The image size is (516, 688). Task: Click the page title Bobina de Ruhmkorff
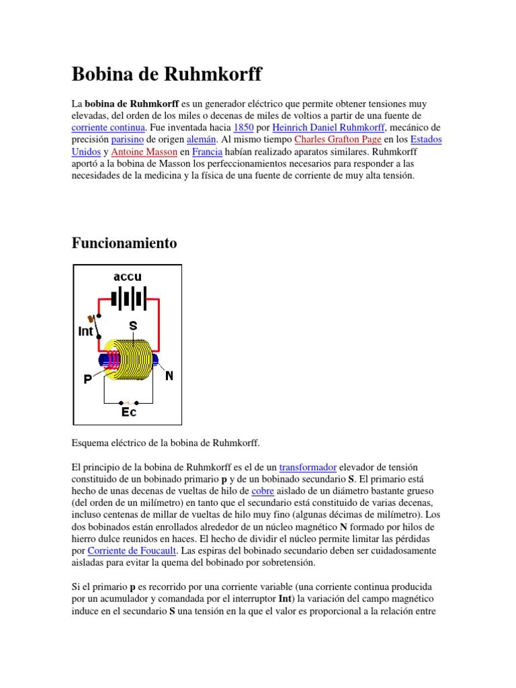click(x=167, y=74)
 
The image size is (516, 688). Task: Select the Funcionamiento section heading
click(x=124, y=243)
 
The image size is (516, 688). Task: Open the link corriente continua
click(x=107, y=128)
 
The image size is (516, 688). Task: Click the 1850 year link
click(x=243, y=128)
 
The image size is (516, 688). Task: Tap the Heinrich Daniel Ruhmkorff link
click(x=325, y=128)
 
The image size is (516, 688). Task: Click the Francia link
click(x=207, y=152)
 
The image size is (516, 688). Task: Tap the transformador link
click(x=308, y=466)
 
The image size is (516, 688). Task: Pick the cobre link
click(x=263, y=490)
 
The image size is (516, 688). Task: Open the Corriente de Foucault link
click(x=132, y=551)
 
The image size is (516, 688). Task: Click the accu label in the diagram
click(x=128, y=277)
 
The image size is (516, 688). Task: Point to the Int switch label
click(x=85, y=331)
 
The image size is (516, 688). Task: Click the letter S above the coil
click(x=133, y=325)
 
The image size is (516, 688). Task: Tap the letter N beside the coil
click(x=169, y=376)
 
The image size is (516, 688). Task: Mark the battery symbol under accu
click(x=128, y=298)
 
